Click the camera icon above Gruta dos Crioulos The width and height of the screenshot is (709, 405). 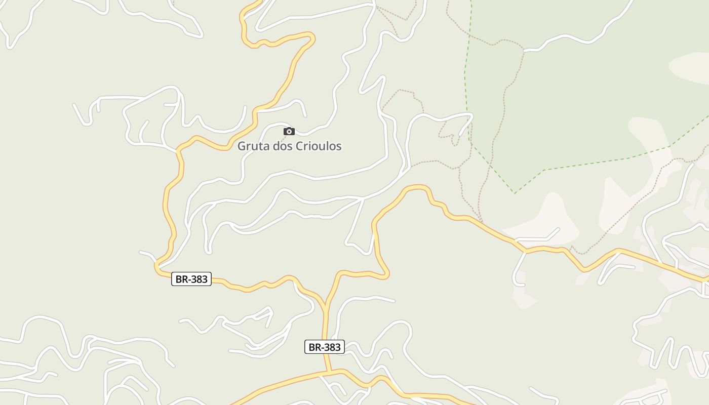(x=289, y=132)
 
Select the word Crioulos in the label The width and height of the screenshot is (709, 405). (x=319, y=146)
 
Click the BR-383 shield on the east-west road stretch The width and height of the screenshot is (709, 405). (x=191, y=279)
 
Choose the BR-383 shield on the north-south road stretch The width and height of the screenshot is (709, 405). (x=325, y=347)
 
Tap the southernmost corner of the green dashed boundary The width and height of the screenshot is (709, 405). (x=515, y=193)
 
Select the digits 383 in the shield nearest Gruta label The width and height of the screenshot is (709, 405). (x=198, y=279)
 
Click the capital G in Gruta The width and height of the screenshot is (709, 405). (x=242, y=146)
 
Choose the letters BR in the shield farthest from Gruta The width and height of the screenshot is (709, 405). (x=315, y=347)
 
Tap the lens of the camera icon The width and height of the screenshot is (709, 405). (x=289, y=132)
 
